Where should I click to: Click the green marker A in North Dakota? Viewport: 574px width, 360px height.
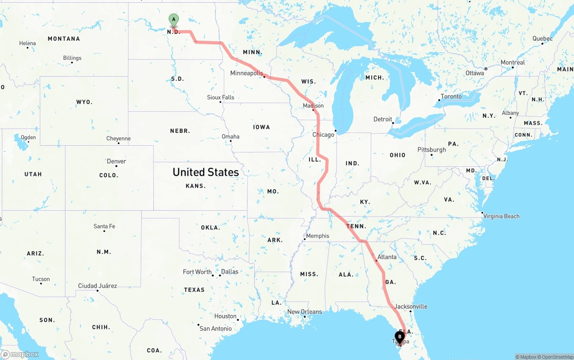tap(174, 20)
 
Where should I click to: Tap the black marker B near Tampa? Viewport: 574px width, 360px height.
tap(400, 337)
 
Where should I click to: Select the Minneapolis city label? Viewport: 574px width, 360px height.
tap(247, 73)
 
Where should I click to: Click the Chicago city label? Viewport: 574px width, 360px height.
tap(323, 134)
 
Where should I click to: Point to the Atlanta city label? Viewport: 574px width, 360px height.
tap(387, 257)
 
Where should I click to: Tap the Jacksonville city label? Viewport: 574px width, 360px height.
tap(411, 307)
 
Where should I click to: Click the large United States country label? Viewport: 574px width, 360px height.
tap(205, 172)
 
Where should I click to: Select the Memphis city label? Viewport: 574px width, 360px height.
tap(317, 236)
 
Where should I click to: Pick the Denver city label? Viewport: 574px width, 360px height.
tap(117, 161)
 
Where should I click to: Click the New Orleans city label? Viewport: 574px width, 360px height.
tap(304, 312)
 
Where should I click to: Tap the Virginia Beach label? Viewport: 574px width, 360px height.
tap(501, 216)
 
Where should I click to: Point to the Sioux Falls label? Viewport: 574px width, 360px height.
tap(221, 97)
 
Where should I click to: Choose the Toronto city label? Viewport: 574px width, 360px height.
tap(451, 96)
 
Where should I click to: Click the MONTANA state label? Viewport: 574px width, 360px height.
tap(64, 39)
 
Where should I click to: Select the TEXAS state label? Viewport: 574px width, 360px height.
tap(194, 290)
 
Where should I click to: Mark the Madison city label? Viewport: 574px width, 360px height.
tap(313, 106)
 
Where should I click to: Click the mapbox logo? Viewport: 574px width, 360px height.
tap(20, 354)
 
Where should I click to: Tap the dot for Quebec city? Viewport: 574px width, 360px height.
tap(542, 43)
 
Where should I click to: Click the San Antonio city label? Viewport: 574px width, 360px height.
tap(216, 329)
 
